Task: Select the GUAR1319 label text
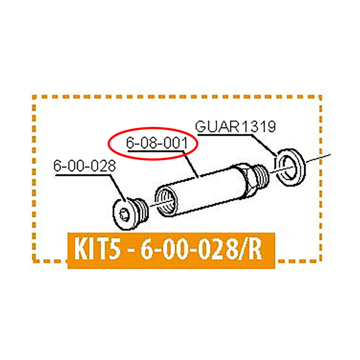(235, 126)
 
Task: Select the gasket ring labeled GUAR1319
(290, 166)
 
